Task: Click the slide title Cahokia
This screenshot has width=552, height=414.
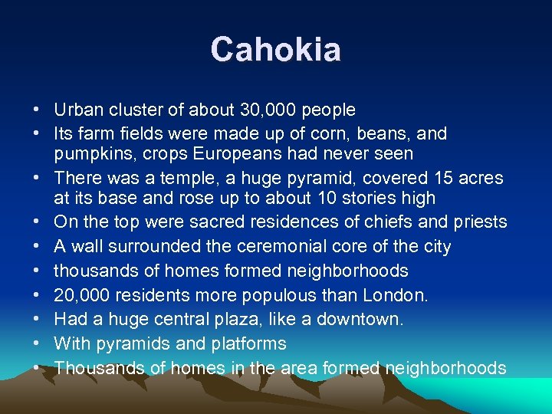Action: click(x=276, y=50)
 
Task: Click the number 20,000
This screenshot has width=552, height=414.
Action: click(x=79, y=295)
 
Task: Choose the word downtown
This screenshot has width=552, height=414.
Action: click(x=360, y=320)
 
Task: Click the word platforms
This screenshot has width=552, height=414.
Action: click(x=247, y=344)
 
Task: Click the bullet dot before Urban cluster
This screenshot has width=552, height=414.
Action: click(x=37, y=110)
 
